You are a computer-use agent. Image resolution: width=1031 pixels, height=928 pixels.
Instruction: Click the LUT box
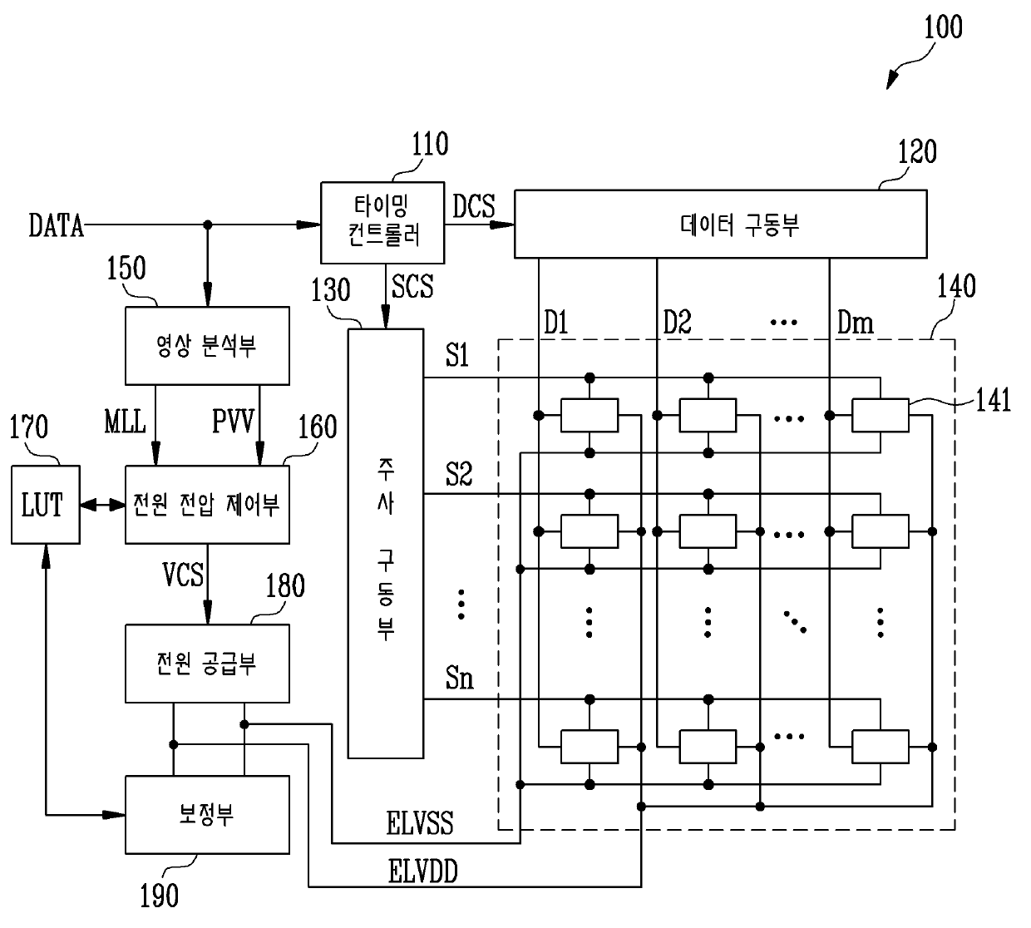45,505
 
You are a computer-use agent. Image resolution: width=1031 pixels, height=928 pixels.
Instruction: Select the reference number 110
430,144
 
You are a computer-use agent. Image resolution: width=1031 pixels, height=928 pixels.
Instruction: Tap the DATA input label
56,225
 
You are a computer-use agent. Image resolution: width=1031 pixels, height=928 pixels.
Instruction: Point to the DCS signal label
473,206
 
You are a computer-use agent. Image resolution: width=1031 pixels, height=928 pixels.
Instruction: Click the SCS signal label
412,286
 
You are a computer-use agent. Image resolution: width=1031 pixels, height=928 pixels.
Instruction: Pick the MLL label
125,422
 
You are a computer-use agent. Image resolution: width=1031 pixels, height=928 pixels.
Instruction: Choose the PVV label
233,422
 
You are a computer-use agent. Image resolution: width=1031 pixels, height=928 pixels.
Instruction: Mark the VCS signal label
183,575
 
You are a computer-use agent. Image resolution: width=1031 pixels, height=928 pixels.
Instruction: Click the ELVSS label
419,823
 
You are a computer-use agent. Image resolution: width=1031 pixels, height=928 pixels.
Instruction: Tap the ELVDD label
422,871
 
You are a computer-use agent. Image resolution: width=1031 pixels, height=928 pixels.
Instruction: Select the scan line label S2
458,474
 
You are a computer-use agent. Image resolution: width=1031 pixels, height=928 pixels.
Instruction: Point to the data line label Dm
856,323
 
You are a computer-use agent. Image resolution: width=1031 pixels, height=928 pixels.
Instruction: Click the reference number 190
160,896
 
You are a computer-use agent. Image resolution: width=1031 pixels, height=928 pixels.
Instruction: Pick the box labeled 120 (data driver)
721,225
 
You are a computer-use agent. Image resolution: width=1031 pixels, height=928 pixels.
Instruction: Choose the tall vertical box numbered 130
386,544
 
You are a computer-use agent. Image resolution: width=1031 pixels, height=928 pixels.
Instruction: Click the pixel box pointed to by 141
880,415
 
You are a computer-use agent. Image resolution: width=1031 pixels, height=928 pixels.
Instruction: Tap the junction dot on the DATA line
208,225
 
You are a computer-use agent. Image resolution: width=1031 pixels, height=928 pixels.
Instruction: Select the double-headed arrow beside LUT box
103,505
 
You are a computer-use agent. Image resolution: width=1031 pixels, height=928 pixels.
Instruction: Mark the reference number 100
943,27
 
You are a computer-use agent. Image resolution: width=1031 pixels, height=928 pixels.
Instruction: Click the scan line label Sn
459,678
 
